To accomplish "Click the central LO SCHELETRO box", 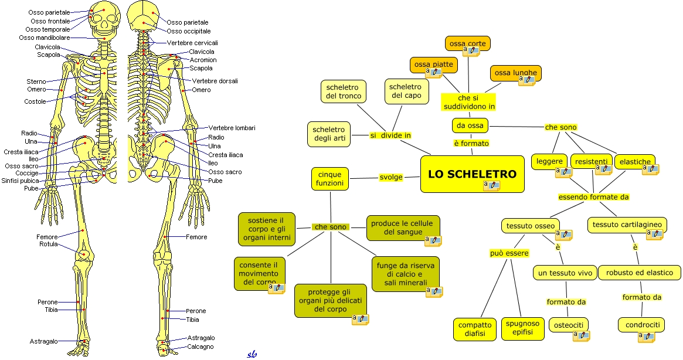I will (472, 174).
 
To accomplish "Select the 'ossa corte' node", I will (467, 43).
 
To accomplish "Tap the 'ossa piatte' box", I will (433, 64).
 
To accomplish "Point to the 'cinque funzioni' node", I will (329, 179).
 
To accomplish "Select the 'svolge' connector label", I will (390, 177).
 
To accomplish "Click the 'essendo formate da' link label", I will (593, 197).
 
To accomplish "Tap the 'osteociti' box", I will (568, 324).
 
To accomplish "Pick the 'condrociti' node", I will (643, 324).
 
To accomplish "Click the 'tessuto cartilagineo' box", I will (627, 225).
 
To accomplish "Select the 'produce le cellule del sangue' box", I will (403, 227).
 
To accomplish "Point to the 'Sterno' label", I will (36, 81).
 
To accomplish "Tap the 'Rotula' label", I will (49, 244).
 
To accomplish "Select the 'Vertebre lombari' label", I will (232, 128).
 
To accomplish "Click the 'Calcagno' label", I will (201, 347).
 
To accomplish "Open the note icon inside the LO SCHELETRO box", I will (491, 185).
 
